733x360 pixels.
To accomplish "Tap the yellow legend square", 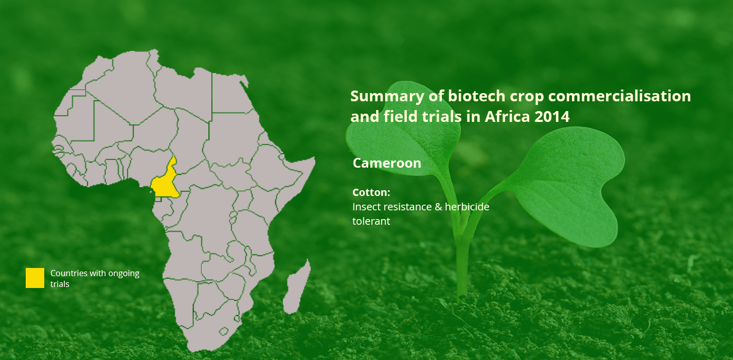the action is point(35,278).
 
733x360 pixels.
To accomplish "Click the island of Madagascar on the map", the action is point(296,288).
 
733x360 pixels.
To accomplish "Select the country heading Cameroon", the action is point(387,163).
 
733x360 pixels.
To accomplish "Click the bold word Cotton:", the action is point(371,192).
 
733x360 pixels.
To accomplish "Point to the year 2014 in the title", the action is point(552,117).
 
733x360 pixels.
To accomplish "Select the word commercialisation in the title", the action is point(619,96).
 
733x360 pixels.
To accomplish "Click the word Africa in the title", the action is point(507,117).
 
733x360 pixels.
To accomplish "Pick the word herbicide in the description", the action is point(467,207).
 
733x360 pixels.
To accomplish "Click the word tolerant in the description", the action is point(371,221).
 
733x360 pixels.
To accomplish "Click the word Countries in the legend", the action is point(69,273).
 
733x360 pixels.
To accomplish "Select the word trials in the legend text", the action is point(60,284).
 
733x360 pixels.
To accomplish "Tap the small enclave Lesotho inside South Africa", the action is point(224,331).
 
